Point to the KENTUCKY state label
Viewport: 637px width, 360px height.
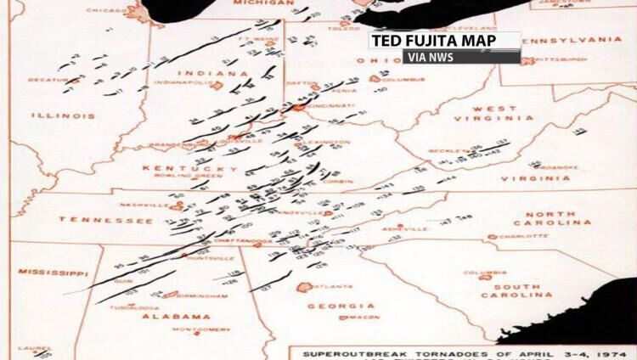[190, 168]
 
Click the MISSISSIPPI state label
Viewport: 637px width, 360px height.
[49, 273]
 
